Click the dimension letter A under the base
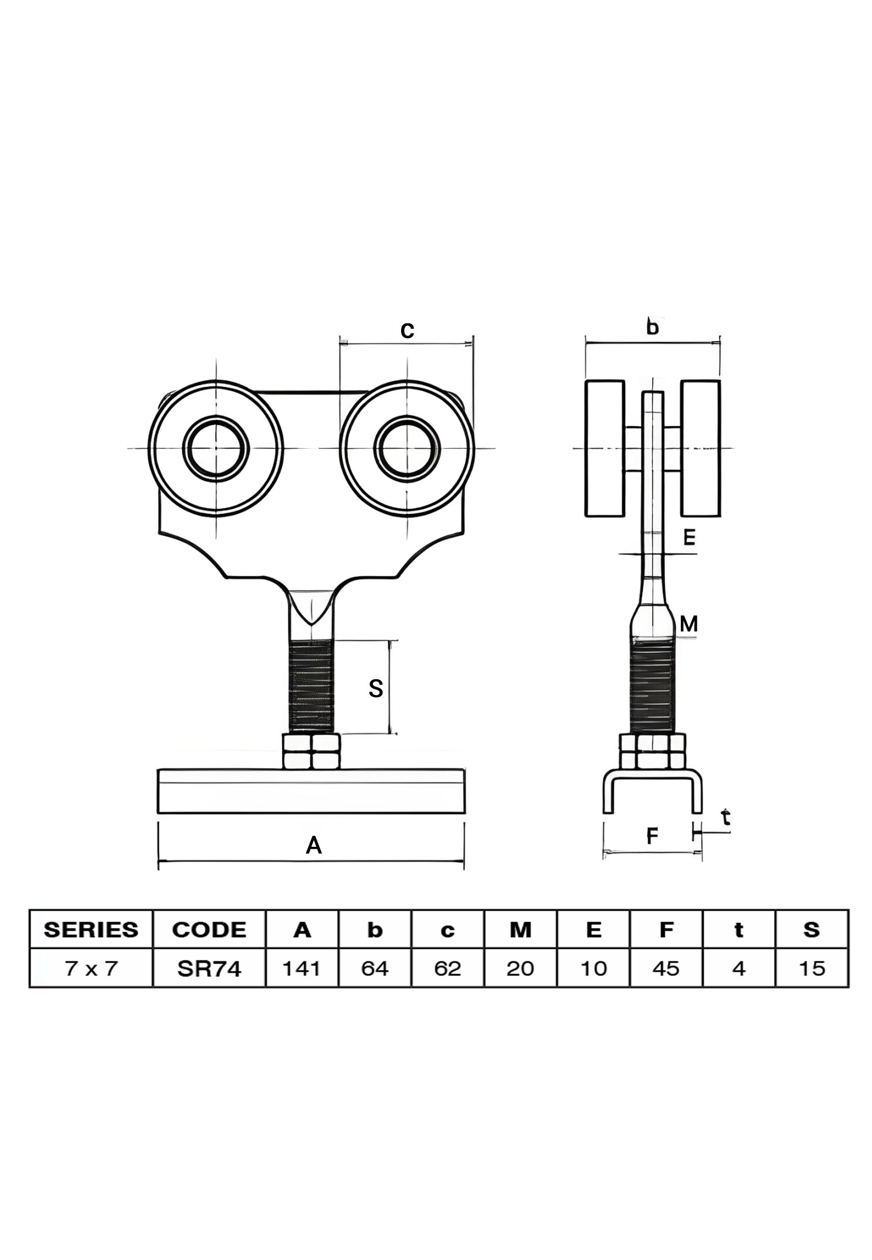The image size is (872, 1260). [x=314, y=845]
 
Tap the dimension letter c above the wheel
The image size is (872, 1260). [x=407, y=331]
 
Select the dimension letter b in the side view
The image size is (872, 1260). [x=652, y=326]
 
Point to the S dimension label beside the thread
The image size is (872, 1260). [x=376, y=688]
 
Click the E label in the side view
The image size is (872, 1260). [x=689, y=537]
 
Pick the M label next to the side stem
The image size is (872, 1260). [x=688, y=624]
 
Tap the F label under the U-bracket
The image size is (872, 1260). [x=652, y=836]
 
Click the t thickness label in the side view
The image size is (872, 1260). [x=726, y=817]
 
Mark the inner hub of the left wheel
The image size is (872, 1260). [x=216, y=448]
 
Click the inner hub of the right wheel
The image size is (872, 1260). [x=407, y=448]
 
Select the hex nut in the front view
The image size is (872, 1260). [x=311, y=751]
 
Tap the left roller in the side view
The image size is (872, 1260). [x=605, y=448]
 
